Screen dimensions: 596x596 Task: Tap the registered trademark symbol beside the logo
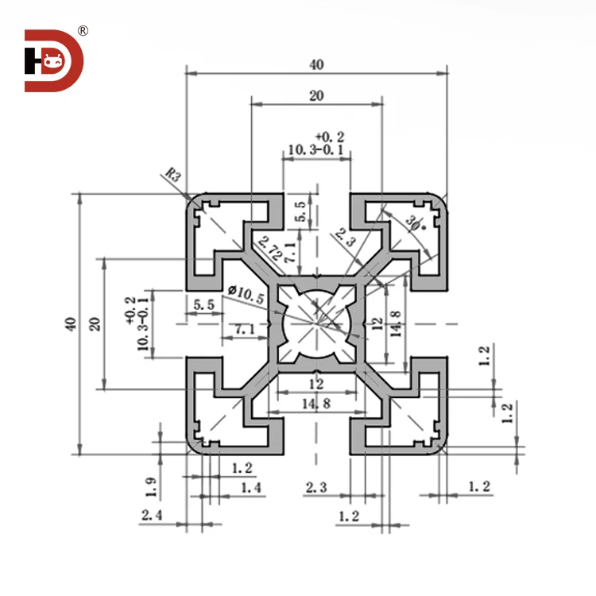(83, 31)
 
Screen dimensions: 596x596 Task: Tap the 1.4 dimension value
(250, 487)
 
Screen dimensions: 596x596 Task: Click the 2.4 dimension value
(153, 516)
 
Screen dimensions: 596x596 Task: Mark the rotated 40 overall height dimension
(71, 324)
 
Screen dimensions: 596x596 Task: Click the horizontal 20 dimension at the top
(316, 95)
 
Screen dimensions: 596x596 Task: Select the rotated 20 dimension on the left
(95, 323)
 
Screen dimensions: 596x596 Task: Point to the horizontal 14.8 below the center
(315, 405)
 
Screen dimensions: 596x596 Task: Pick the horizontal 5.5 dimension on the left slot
(203, 304)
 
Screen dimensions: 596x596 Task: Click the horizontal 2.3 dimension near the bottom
(315, 487)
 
